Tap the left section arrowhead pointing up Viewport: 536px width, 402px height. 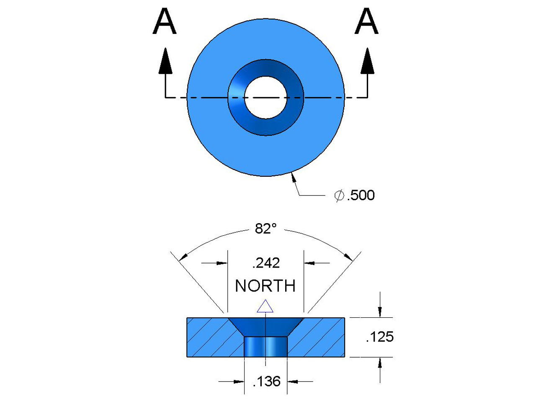(x=166, y=61)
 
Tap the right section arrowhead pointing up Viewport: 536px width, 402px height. (x=367, y=61)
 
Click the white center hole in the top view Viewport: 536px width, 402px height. (x=265, y=98)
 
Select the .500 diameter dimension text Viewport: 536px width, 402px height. (x=361, y=195)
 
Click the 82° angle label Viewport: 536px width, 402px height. (x=266, y=229)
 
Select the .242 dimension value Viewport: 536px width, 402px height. (x=266, y=263)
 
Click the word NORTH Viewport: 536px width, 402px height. (x=265, y=286)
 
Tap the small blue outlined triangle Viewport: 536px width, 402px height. (x=265, y=307)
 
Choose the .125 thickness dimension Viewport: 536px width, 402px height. (x=380, y=337)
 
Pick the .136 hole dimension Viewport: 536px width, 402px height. (x=267, y=381)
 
